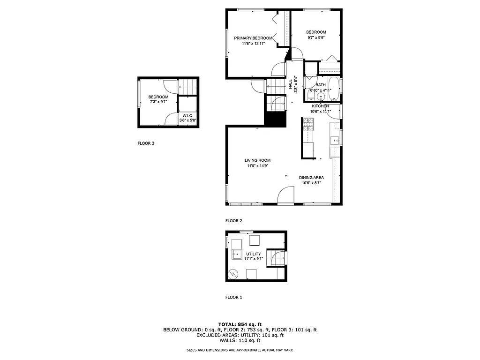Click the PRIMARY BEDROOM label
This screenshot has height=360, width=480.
[253, 38]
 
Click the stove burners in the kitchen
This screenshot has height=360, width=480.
[308, 124]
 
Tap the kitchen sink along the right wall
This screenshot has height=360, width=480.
[335, 140]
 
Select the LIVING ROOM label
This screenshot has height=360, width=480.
[257, 160]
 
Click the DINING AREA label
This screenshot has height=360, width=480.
[312, 178]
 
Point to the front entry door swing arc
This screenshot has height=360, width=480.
[285, 195]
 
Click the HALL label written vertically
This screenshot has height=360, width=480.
[291, 84]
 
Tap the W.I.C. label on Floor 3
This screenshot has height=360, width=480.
[187, 115]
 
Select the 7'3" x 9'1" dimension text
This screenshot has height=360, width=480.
[158, 101]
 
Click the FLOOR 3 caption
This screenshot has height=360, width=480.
[146, 143]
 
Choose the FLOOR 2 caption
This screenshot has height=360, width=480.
[233, 220]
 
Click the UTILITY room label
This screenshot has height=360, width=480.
[253, 254]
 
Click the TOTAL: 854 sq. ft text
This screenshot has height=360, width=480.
[240, 324]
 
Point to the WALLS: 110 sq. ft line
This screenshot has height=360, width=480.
[240, 341]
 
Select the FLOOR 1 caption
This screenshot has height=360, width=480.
[233, 297]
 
